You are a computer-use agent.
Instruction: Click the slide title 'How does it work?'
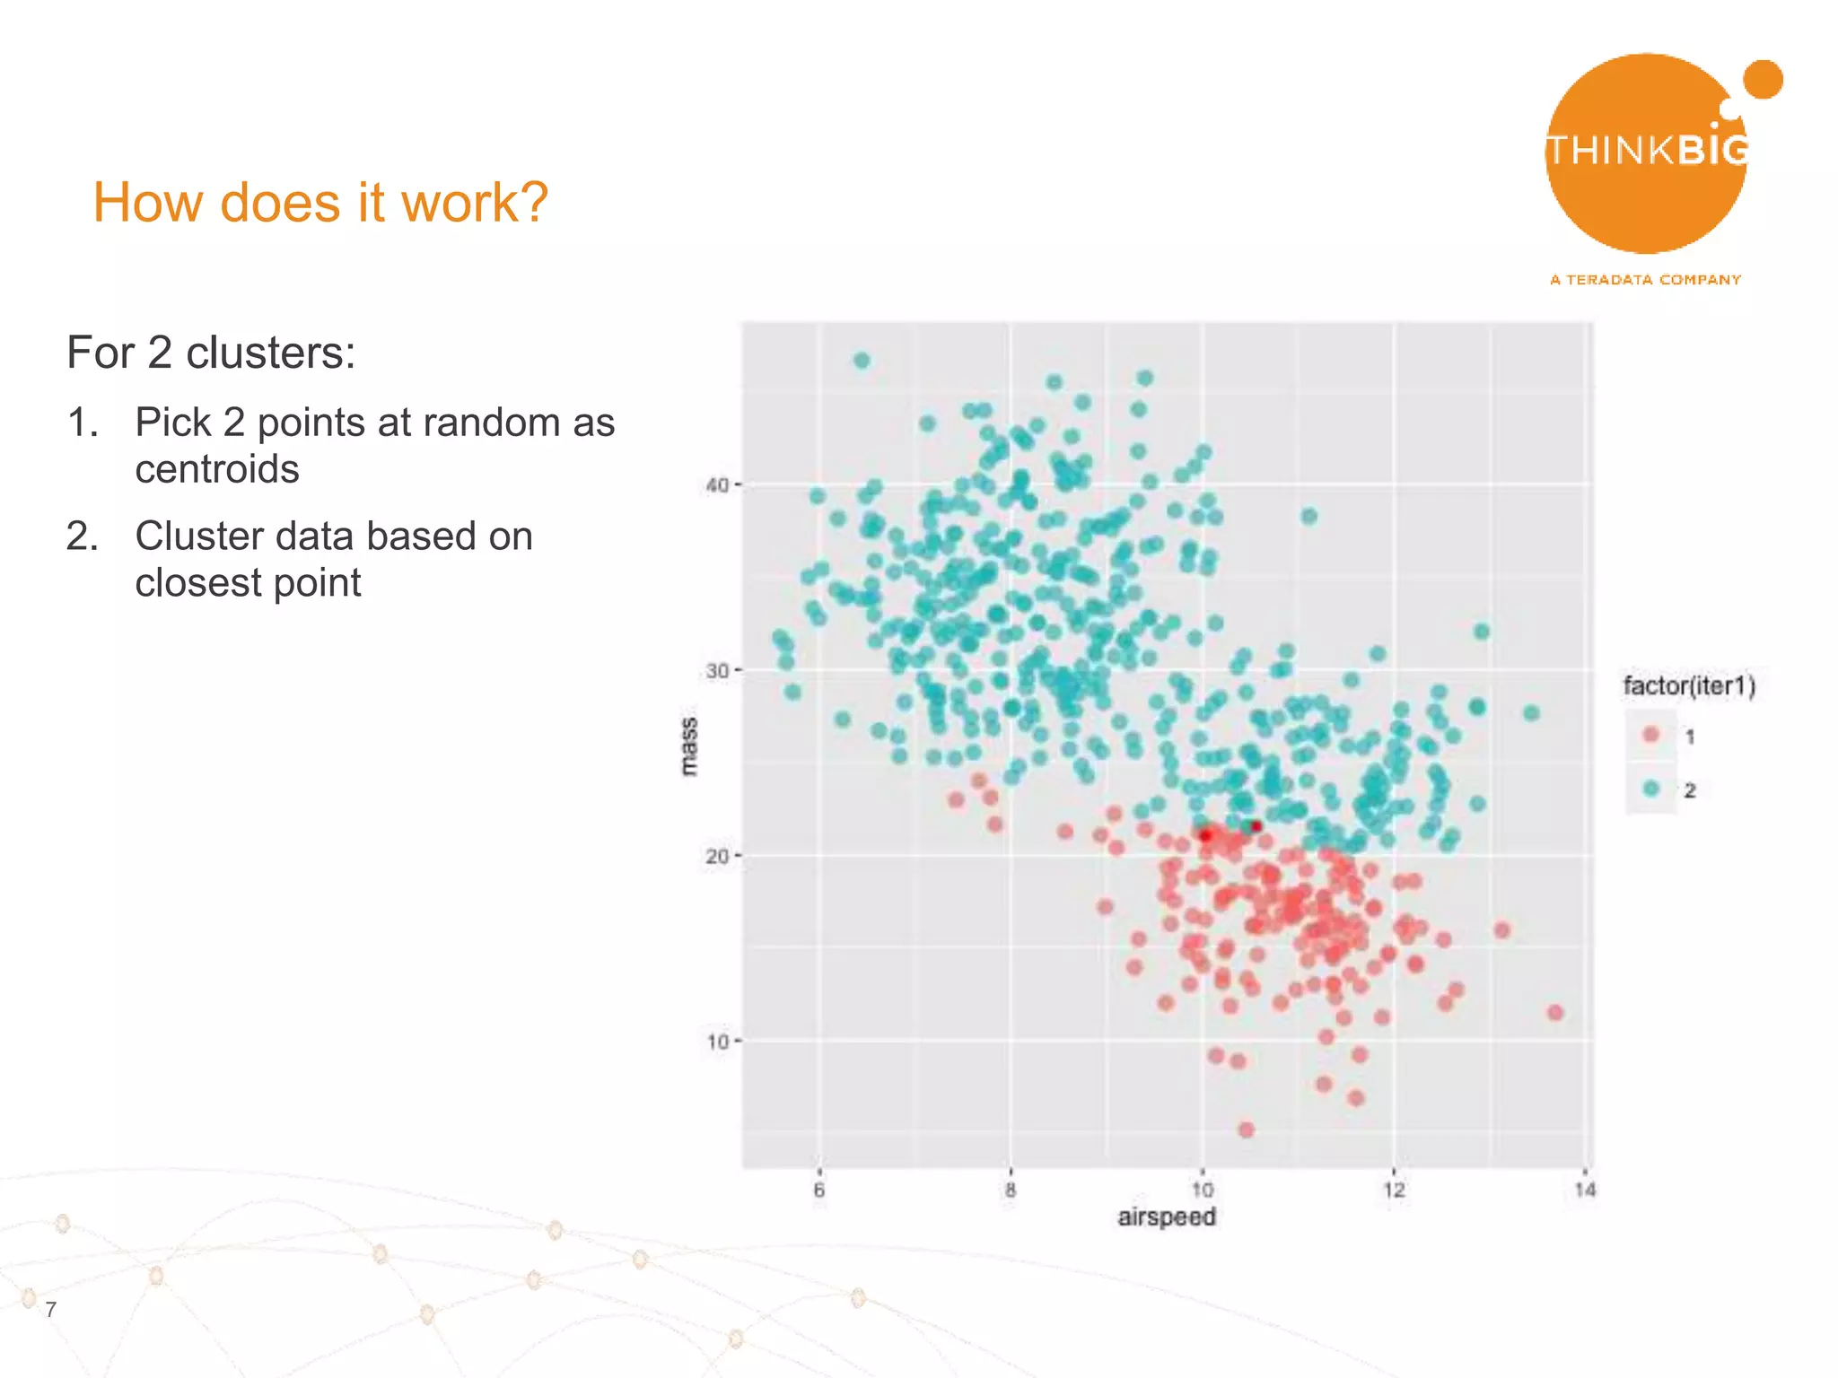click(x=319, y=203)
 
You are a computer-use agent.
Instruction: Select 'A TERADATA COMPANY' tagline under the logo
click(x=1645, y=280)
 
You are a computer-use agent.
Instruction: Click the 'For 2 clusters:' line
click(x=211, y=353)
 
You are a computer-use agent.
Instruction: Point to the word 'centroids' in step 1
click(x=217, y=469)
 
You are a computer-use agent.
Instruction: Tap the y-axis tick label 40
click(x=717, y=485)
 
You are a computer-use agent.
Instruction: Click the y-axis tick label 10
click(x=717, y=1042)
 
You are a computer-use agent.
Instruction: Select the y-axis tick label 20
click(x=717, y=856)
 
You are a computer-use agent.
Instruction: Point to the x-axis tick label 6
click(x=818, y=1190)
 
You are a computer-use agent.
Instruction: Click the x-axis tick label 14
click(x=1585, y=1190)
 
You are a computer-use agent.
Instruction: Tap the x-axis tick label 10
click(x=1202, y=1190)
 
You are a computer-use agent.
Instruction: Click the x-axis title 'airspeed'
click(x=1166, y=1217)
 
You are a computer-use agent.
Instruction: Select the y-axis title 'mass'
click(x=688, y=746)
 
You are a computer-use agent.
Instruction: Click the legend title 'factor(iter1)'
click(x=1688, y=686)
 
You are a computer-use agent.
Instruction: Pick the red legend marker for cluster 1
click(x=1650, y=735)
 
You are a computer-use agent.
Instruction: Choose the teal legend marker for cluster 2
click(x=1650, y=789)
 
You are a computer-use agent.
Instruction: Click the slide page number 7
click(x=51, y=1309)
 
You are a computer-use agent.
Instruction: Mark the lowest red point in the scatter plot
click(x=1246, y=1129)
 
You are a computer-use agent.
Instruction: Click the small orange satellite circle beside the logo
click(x=1763, y=80)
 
